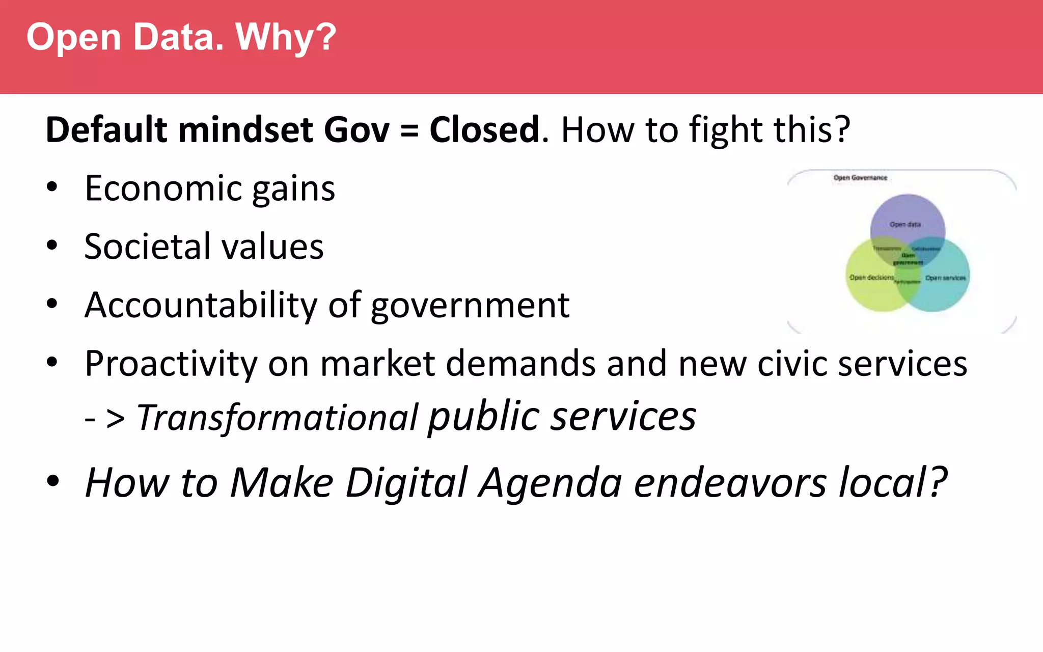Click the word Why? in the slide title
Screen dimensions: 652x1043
(x=286, y=38)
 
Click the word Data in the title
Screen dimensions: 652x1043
(x=178, y=38)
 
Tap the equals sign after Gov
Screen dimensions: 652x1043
(x=409, y=130)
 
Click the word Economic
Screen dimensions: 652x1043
(x=162, y=188)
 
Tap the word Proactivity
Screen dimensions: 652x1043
(x=171, y=364)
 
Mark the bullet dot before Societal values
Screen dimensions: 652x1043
(x=52, y=246)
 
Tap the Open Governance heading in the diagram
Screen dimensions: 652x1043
(x=860, y=178)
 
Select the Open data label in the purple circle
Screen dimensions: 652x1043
(x=905, y=224)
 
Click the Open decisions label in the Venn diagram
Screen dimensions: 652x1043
(x=871, y=278)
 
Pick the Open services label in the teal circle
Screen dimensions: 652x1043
(x=945, y=278)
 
